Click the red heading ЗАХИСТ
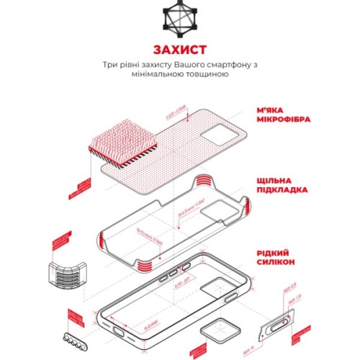[179, 50]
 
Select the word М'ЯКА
[273, 109]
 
